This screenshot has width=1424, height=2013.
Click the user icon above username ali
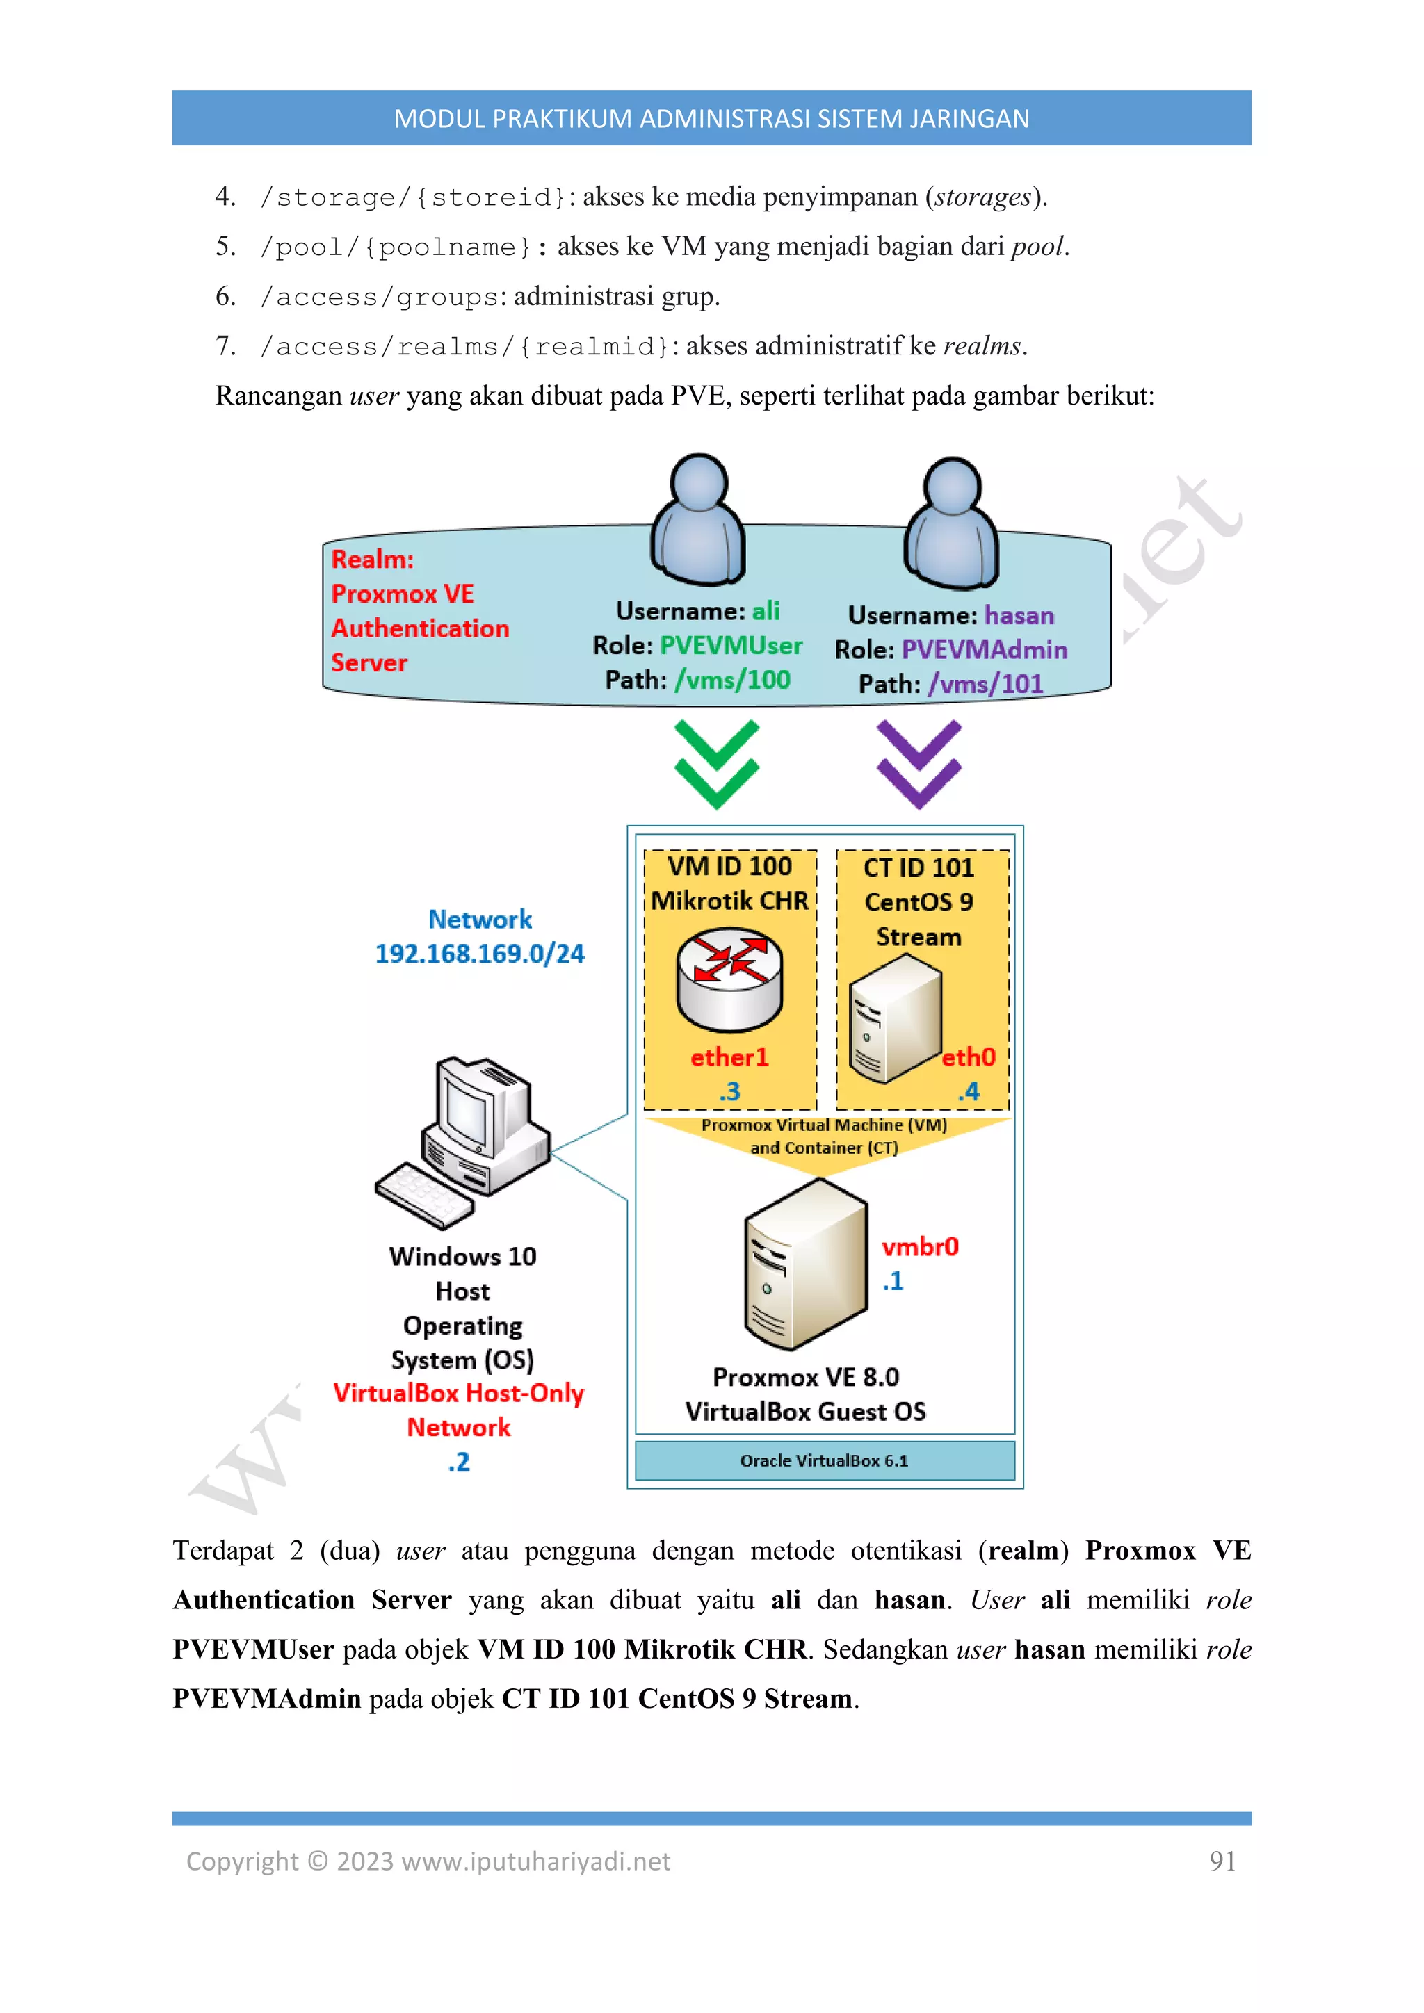(698, 520)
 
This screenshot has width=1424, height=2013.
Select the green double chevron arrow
(716, 764)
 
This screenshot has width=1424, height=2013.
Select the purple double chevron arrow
(919, 764)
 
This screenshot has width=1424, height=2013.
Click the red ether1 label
(729, 1057)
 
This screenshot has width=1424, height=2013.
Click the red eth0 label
(968, 1057)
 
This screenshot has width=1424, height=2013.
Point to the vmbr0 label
(920, 1247)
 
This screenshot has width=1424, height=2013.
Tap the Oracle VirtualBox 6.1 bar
(824, 1460)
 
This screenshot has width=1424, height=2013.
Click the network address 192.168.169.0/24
(480, 954)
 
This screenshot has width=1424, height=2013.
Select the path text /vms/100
(732, 680)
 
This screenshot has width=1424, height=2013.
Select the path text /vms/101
(985, 685)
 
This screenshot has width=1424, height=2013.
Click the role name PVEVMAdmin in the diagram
(985, 650)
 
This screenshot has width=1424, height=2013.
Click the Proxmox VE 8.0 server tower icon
(805, 1264)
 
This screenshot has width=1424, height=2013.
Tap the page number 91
(1222, 1861)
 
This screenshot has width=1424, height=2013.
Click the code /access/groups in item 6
(379, 298)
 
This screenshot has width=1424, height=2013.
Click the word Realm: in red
(372, 560)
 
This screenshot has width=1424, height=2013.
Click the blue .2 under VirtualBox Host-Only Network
(459, 1462)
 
